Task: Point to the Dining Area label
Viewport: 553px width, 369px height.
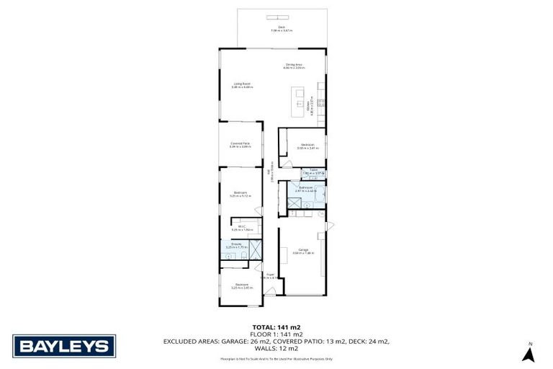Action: tap(294, 66)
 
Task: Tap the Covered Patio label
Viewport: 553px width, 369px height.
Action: tap(240, 145)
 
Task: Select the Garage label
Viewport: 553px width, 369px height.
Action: tap(303, 252)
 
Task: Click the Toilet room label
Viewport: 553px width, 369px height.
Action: tap(314, 172)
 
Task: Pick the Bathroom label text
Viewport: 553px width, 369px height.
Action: tap(305, 188)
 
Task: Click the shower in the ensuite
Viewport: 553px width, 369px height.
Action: tap(255, 249)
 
